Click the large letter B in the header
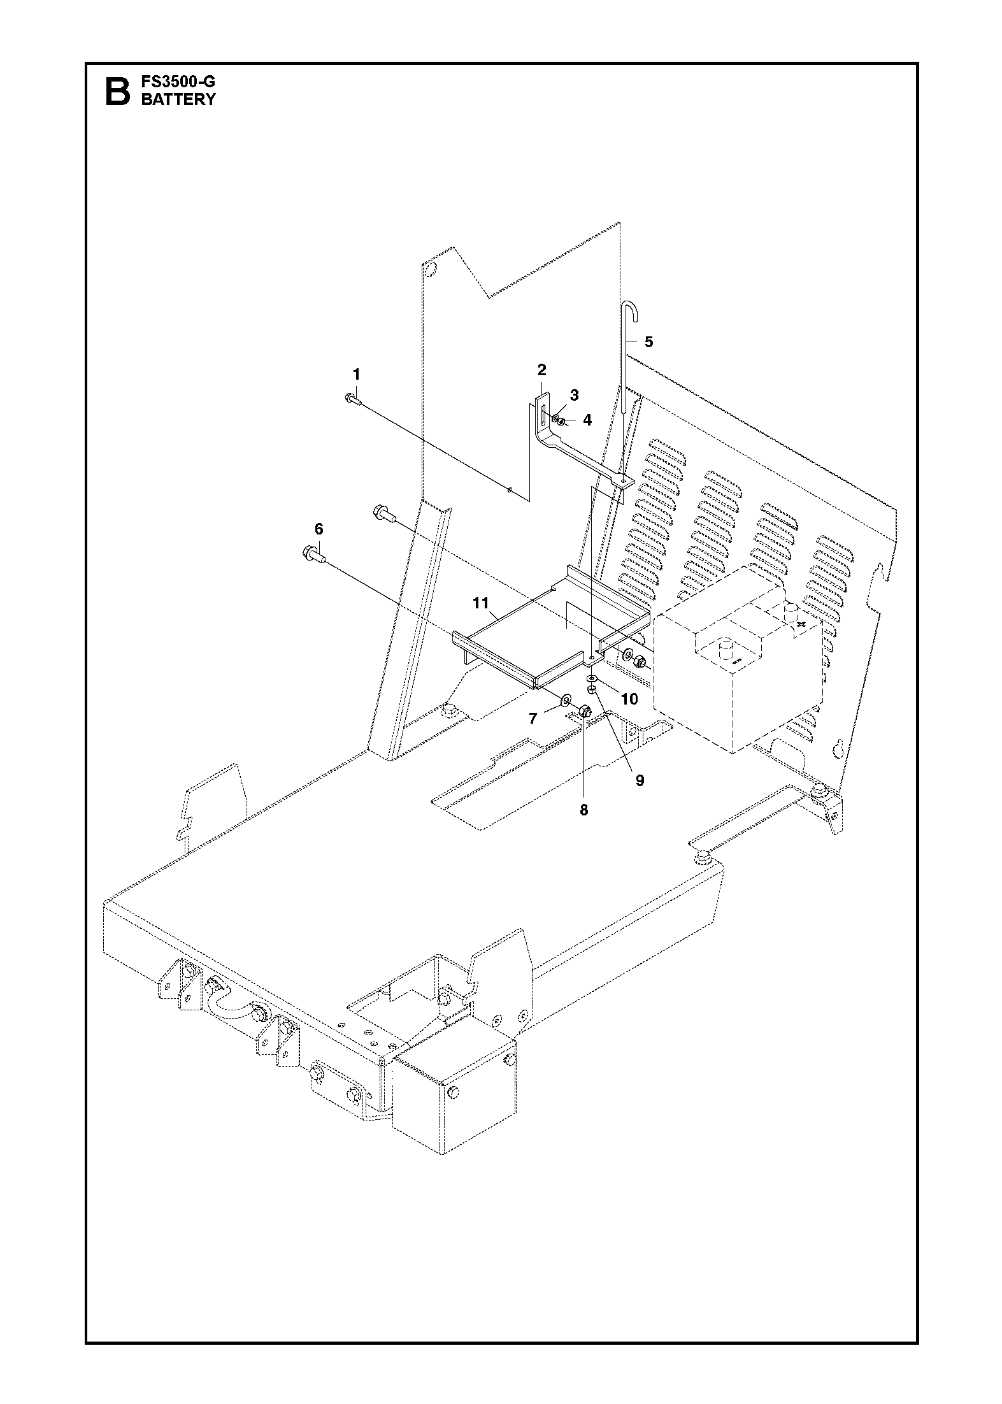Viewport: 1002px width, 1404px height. (x=117, y=92)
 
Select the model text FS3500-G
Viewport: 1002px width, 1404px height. (x=178, y=82)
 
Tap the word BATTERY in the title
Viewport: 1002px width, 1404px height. (x=178, y=99)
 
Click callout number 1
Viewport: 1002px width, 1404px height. (x=357, y=373)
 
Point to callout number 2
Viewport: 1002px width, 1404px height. (x=541, y=370)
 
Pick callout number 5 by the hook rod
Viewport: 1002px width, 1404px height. (x=648, y=342)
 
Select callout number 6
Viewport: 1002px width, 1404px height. (x=318, y=529)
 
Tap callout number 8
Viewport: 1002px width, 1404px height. (x=583, y=810)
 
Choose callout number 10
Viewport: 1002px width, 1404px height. (x=629, y=699)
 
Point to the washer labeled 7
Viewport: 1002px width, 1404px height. (x=566, y=703)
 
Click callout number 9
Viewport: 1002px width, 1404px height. (x=640, y=780)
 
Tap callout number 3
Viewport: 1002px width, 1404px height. (x=574, y=395)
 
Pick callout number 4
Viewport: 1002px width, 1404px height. (x=587, y=420)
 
